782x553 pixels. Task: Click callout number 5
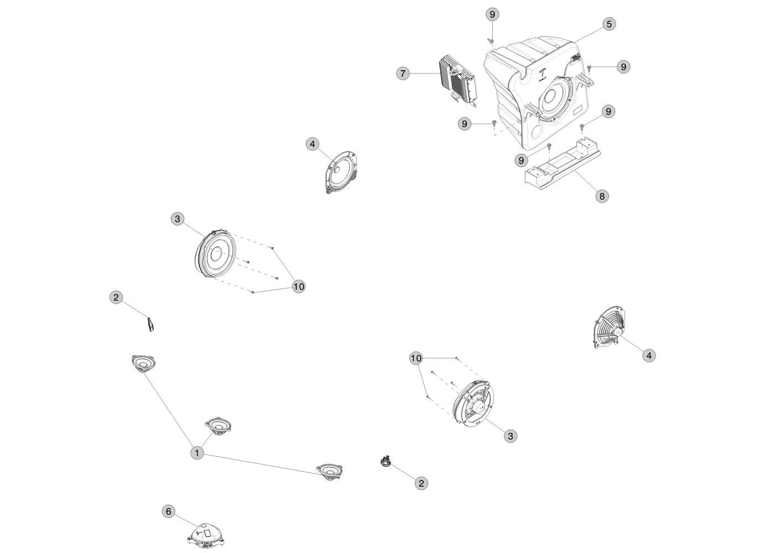point(609,24)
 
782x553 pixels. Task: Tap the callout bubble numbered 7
point(403,74)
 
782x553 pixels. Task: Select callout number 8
point(602,196)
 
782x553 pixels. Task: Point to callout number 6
point(169,512)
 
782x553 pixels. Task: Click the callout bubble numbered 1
point(197,453)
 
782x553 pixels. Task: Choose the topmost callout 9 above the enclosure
point(492,14)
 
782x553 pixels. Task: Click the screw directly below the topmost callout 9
point(491,41)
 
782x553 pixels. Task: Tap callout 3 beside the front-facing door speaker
point(178,219)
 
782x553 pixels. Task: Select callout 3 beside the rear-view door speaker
point(510,436)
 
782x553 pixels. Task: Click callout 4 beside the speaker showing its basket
point(649,356)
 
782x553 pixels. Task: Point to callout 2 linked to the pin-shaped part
point(116,298)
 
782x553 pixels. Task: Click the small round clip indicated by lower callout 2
point(385,461)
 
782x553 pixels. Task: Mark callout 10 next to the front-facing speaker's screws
point(299,286)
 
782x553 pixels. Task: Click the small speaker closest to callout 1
point(218,426)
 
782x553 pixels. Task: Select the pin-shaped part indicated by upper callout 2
point(150,324)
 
